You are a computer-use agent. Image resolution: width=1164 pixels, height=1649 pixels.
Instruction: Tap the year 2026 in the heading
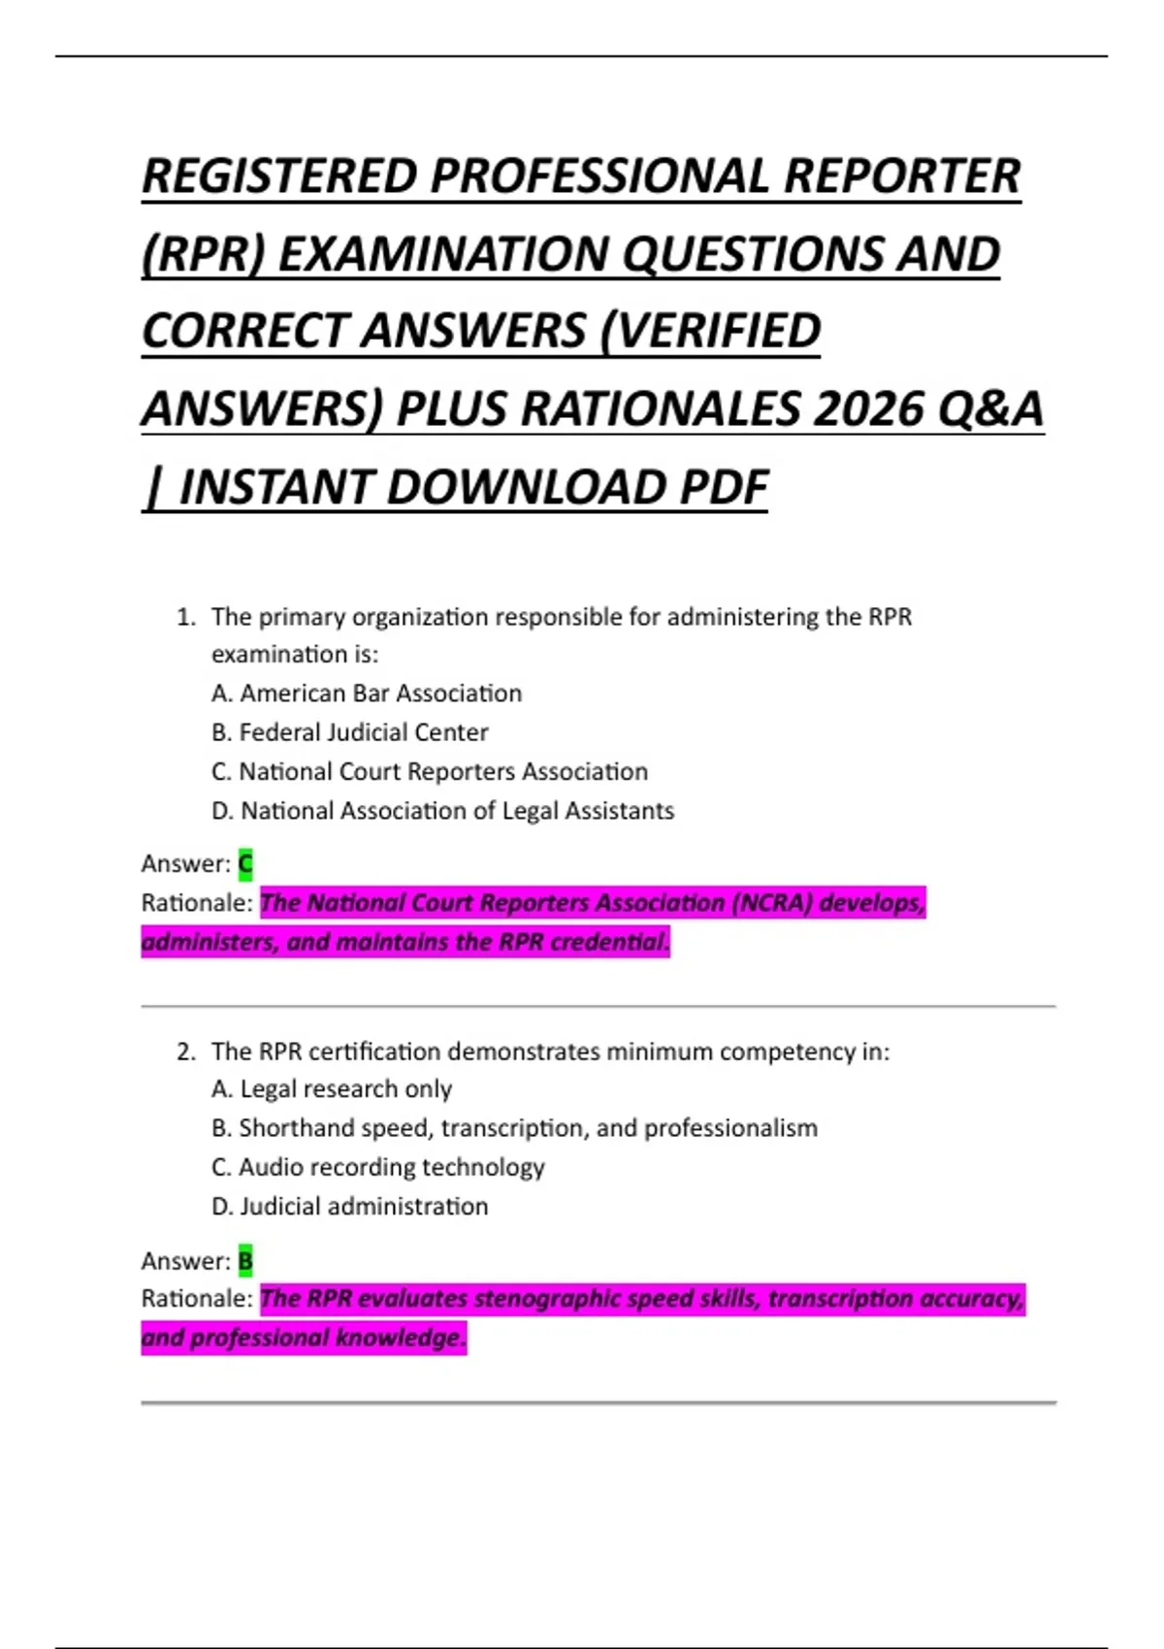coord(867,409)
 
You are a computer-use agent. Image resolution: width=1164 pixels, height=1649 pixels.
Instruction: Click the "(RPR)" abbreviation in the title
coord(203,254)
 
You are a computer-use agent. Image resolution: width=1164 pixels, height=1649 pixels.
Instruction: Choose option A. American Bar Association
coord(367,694)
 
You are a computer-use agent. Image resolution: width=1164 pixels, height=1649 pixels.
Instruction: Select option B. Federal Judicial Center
coord(349,732)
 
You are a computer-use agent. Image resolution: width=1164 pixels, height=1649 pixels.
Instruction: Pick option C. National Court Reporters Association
coord(430,772)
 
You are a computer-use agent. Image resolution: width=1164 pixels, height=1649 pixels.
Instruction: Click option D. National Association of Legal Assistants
coord(442,811)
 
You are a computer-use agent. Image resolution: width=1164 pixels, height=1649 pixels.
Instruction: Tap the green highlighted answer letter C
coord(245,863)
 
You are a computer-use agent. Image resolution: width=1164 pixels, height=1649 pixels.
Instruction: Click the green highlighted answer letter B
coord(245,1261)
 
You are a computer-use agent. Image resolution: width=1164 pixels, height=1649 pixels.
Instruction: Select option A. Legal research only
coord(332,1089)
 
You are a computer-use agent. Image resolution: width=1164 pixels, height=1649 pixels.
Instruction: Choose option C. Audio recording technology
coord(378,1167)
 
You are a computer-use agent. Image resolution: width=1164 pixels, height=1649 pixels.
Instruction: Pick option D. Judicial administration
coord(350,1207)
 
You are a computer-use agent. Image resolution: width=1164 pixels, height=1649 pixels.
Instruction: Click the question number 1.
coord(185,617)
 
